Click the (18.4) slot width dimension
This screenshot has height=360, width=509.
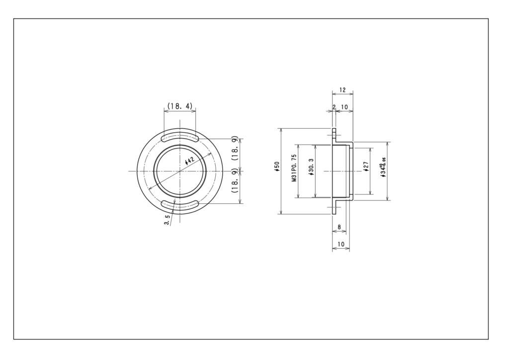(x=179, y=106)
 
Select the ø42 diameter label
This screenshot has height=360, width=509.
(x=189, y=161)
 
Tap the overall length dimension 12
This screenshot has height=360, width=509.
(x=342, y=90)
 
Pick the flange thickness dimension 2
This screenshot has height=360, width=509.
(x=334, y=107)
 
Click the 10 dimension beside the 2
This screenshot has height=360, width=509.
(x=344, y=107)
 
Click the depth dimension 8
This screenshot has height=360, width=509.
(x=339, y=227)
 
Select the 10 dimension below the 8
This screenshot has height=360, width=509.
(x=340, y=244)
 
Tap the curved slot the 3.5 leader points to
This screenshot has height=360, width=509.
(x=180, y=204)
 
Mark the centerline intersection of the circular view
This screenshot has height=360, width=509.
(x=180, y=171)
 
